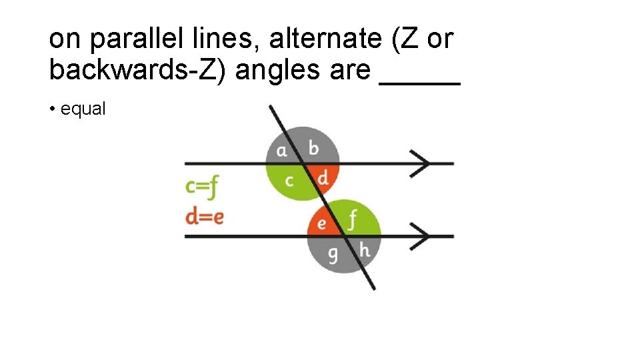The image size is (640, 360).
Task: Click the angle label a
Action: click(282, 150)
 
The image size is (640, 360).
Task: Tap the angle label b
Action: click(313, 148)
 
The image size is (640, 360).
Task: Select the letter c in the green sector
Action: click(289, 180)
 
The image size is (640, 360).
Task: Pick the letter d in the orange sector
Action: click(322, 178)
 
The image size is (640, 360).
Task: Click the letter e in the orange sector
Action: click(321, 223)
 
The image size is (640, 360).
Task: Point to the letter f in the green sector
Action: click(353, 219)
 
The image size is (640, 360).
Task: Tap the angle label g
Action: click(333, 254)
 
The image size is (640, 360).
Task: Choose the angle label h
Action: click(364, 251)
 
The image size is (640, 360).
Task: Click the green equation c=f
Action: click(202, 187)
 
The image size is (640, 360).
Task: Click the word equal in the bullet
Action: click(83, 109)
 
